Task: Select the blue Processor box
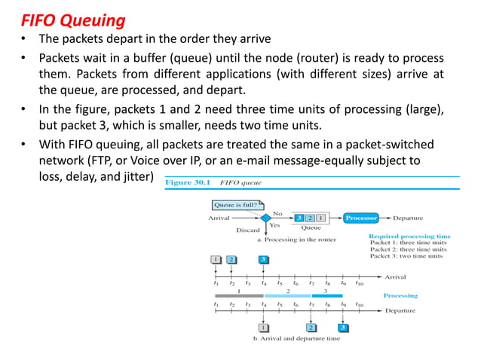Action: (361, 218)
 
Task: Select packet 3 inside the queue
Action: (299, 218)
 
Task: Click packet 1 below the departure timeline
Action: (263, 328)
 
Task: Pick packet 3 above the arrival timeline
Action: (263, 259)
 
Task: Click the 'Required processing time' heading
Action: (409, 236)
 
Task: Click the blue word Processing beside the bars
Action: (400, 296)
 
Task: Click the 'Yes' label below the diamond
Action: (276, 225)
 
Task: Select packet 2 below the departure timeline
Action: (311, 328)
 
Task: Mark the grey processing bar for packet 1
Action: (239, 296)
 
